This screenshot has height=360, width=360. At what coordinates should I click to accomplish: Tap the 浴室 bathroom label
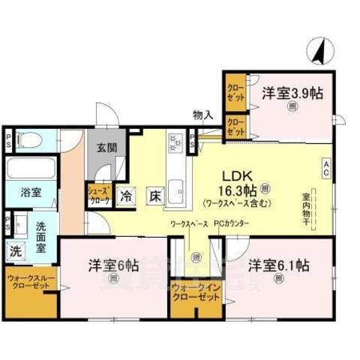[30, 193]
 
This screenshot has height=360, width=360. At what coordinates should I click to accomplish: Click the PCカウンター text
[231, 223]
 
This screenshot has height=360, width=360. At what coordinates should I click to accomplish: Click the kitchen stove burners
[175, 142]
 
